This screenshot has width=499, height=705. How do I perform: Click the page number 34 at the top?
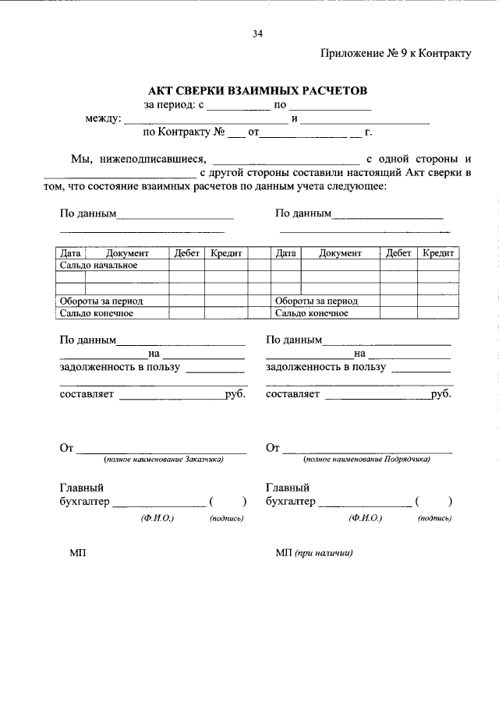click(257, 33)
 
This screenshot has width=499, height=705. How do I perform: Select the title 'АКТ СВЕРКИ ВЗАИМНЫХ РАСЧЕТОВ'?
click(257, 91)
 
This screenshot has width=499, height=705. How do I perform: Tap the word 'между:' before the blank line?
click(103, 119)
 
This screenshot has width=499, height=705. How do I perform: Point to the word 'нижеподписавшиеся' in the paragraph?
click(151, 159)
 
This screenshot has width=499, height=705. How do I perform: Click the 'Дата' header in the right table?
click(285, 253)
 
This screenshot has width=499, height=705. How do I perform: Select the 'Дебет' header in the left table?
click(186, 253)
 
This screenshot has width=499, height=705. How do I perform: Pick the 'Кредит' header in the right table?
click(438, 253)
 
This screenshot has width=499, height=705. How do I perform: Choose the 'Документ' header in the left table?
click(127, 253)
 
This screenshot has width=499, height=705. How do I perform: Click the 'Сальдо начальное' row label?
click(99, 265)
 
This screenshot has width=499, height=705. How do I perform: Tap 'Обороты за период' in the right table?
click(316, 301)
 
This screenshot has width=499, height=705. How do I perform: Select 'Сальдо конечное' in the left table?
click(97, 313)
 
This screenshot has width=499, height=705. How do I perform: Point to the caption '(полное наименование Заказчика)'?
click(165, 460)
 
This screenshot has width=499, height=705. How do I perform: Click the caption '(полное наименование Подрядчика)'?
click(367, 460)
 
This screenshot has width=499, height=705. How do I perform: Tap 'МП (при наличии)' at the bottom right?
click(313, 553)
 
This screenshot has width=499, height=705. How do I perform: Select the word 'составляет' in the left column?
click(87, 394)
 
